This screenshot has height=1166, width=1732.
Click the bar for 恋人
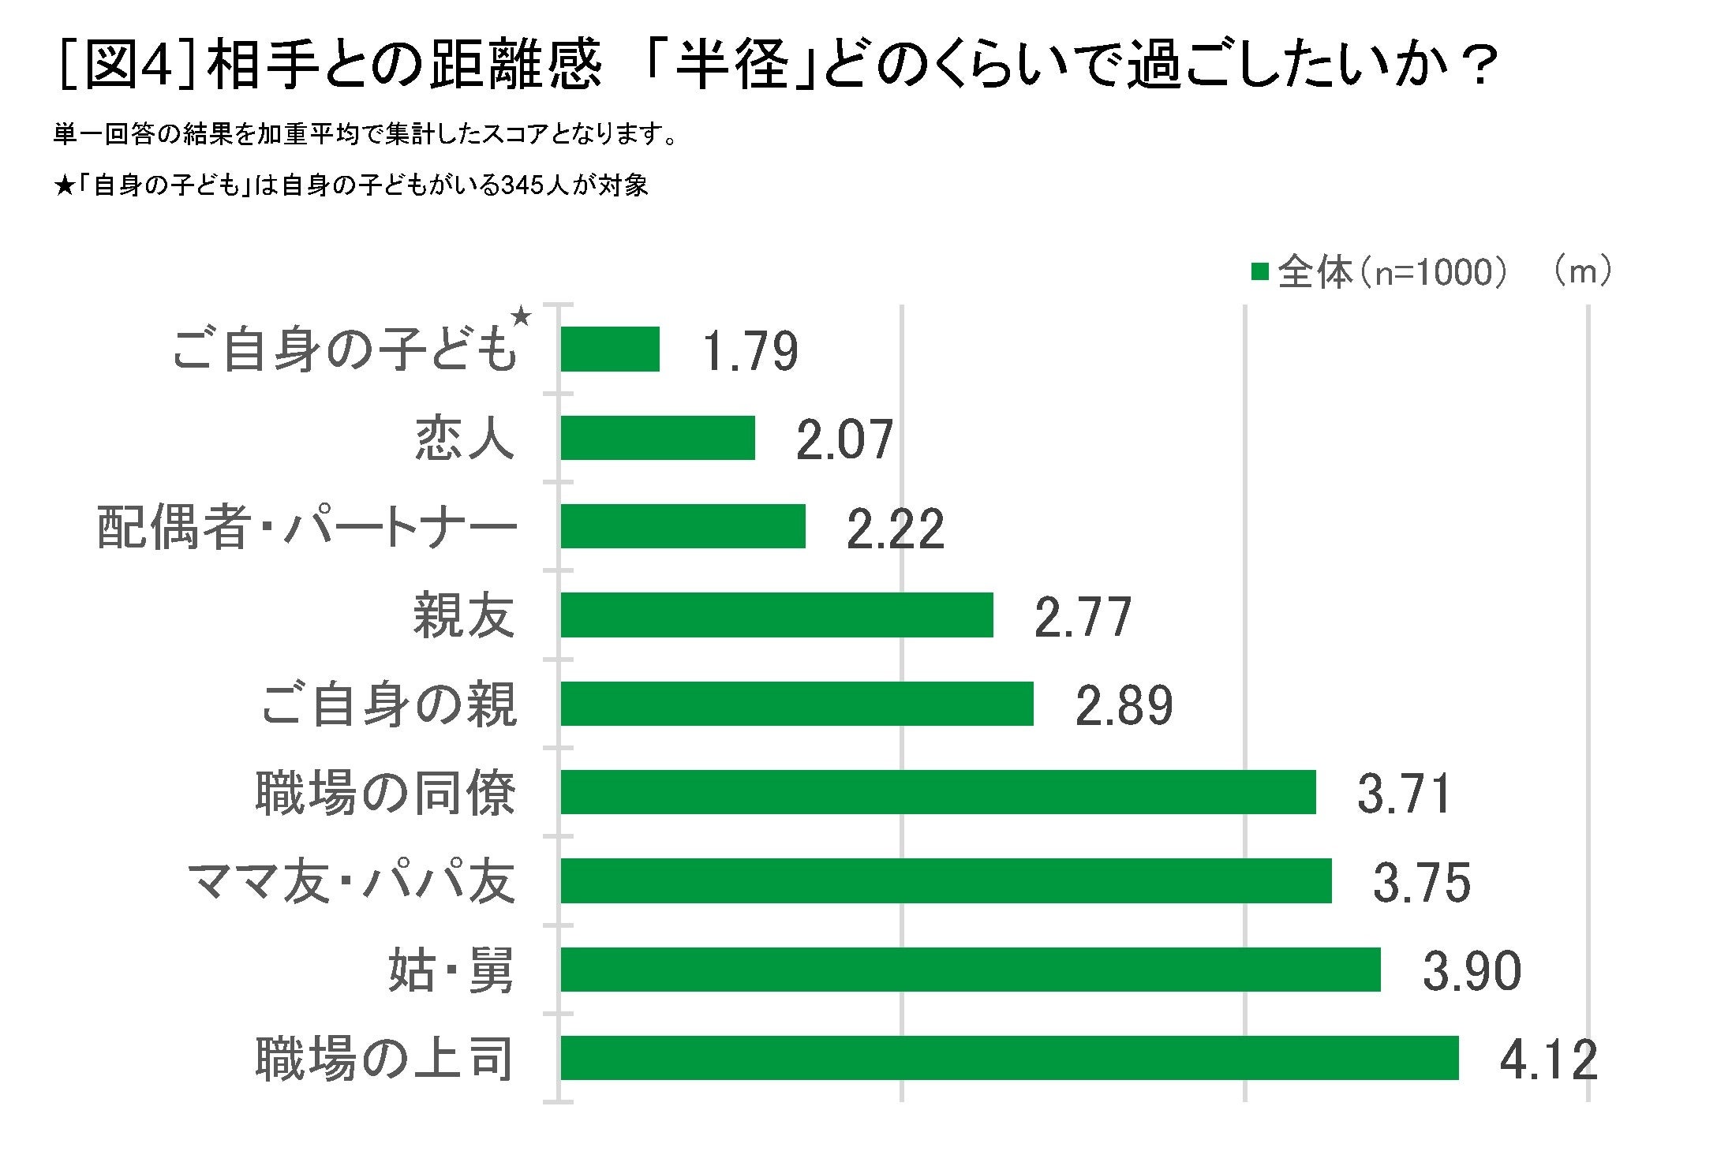pyautogui.click(x=657, y=438)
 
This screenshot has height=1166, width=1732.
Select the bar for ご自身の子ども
pyautogui.click(x=610, y=349)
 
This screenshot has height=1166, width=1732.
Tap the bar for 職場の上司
pyautogui.click(x=1009, y=1058)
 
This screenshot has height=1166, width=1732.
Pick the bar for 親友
pyautogui.click(x=776, y=615)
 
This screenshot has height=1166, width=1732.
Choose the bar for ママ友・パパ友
pyautogui.click(x=945, y=880)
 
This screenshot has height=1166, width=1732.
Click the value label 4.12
pyautogui.click(x=1547, y=1059)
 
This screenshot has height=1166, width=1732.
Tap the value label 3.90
pyautogui.click(x=1471, y=971)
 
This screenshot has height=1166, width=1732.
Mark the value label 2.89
pyautogui.click(x=1124, y=705)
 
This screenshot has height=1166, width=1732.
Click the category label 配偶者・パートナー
pyautogui.click(x=307, y=527)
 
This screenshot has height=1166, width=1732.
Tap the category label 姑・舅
pyautogui.click(x=451, y=970)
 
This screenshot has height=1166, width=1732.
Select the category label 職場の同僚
pyautogui.click(x=385, y=793)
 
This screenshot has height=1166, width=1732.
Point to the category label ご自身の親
pyautogui.click(x=388, y=704)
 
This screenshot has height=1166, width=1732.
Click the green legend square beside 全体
pyautogui.click(x=1259, y=272)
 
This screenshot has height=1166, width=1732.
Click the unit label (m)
pyautogui.click(x=1583, y=271)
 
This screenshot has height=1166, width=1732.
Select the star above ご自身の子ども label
pyautogui.click(x=521, y=316)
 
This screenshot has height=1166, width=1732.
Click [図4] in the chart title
pyautogui.click(x=126, y=65)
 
